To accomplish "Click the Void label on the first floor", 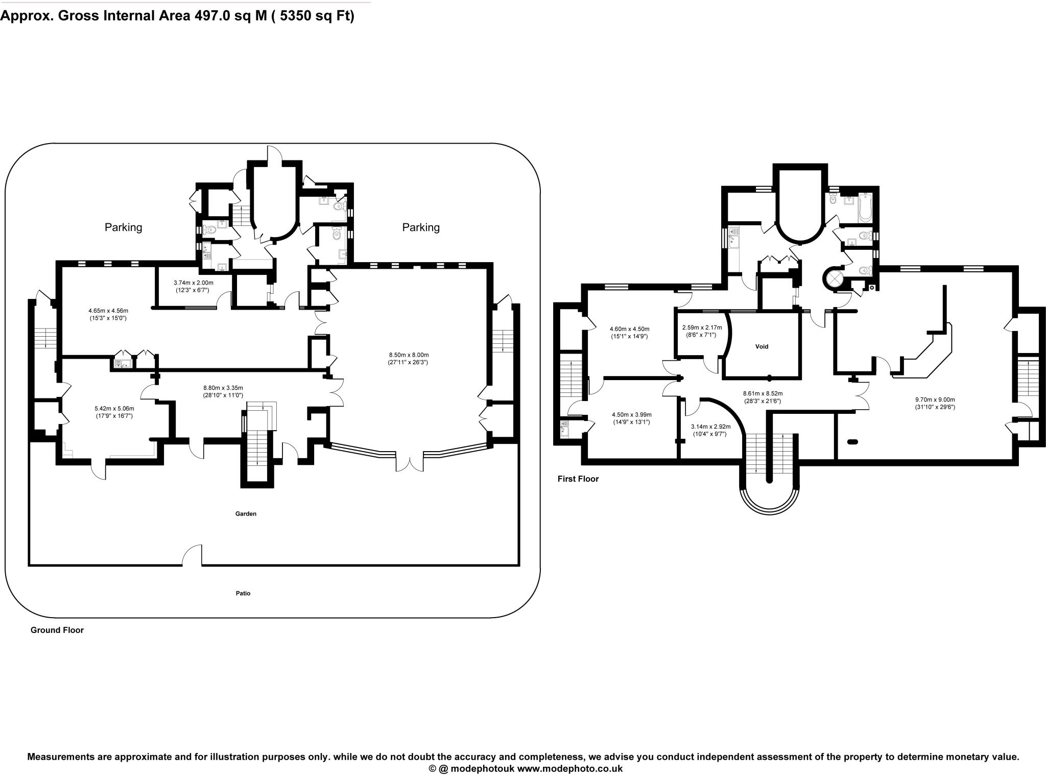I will [762, 346].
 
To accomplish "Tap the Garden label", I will [246, 514].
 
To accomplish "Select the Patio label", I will [243, 594].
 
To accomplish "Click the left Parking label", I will [123, 227].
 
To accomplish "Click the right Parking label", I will [420, 227].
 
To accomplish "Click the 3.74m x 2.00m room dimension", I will [193, 286].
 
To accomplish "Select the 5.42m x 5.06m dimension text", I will [114, 412].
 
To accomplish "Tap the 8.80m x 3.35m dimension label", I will [223, 391].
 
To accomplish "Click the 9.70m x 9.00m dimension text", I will [935, 404].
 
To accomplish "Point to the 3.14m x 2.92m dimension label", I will [710, 430].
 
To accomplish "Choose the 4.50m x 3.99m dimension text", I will [631, 418].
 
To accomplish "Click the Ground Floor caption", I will [57, 630].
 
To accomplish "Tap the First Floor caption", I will [578, 479].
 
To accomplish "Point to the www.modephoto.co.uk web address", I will [570, 768].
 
